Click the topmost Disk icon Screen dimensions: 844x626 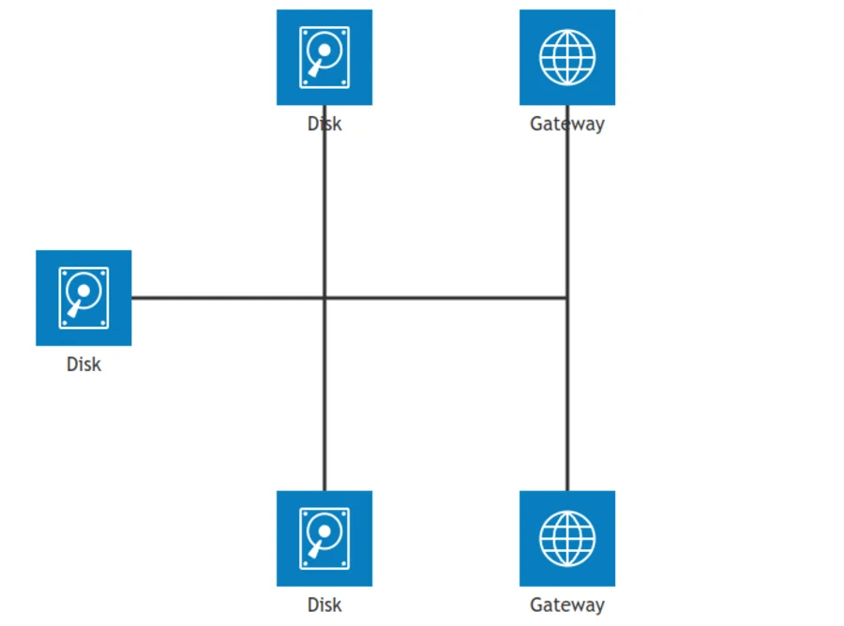[x=324, y=57]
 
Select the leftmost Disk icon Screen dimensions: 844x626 [x=83, y=298]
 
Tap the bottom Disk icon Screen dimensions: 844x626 [x=324, y=538]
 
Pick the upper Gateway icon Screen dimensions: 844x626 [x=567, y=57]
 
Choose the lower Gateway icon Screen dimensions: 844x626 [x=567, y=538]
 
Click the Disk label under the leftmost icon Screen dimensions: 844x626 [x=83, y=365]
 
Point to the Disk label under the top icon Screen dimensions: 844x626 [x=324, y=124]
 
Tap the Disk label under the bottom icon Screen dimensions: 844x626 [x=324, y=605]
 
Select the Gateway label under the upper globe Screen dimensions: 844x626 [x=567, y=124]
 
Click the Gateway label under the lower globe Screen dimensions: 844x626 [x=567, y=605]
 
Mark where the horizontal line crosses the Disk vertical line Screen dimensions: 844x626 [x=324, y=297]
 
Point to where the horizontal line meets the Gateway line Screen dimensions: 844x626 [x=567, y=297]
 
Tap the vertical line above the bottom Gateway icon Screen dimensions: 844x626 [x=567, y=298]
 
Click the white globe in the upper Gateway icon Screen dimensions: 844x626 [x=567, y=57]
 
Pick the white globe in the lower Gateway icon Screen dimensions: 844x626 [x=567, y=538]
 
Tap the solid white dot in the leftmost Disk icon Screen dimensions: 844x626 [x=83, y=291]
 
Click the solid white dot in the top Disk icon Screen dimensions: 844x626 [x=324, y=50]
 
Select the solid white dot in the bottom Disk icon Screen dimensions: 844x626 [x=324, y=531]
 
